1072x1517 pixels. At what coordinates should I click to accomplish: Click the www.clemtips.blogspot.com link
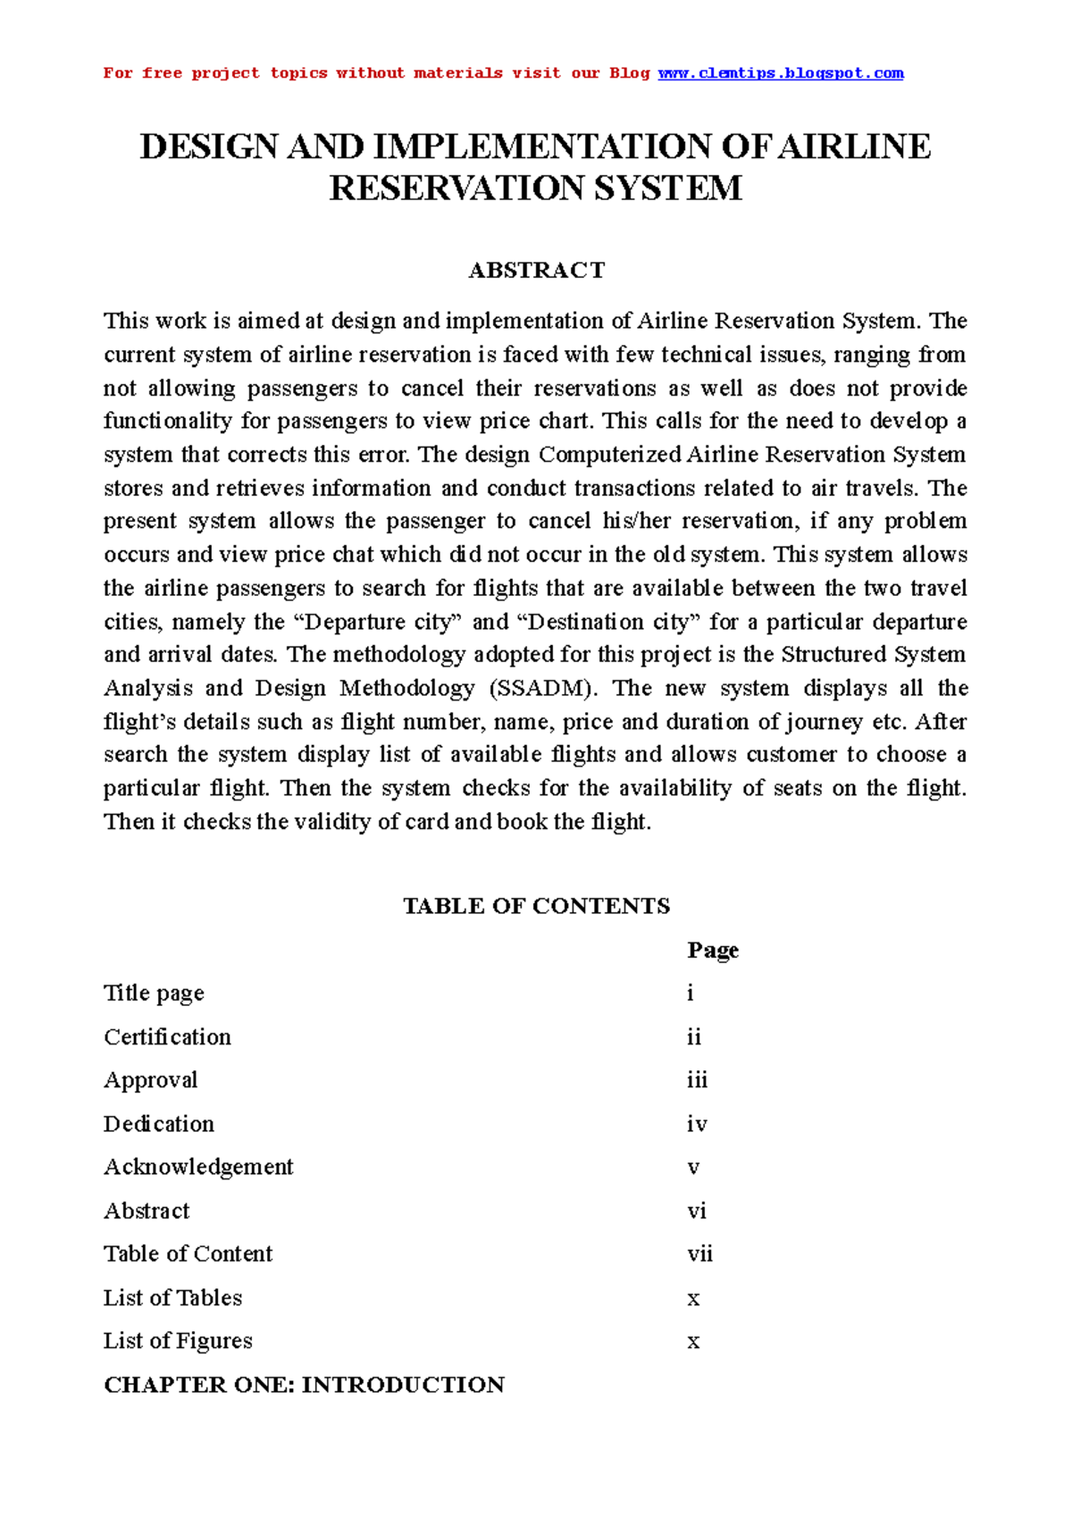pyautogui.click(x=781, y=73)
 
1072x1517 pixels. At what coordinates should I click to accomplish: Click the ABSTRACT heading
pyautogui.click(x=536, y=271)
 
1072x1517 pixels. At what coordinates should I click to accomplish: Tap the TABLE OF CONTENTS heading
pyautogui.click(x=536, y=906)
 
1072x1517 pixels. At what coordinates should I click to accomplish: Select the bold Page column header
pyautogui.click(x=712, y=951)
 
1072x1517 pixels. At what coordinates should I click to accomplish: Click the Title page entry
pyautogui.click(x=154, y=993)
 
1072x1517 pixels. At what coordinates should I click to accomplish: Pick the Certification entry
pyautogui.click(x=167, y=1037)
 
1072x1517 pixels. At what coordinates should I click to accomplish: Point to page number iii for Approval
pyautogui.click(x=697, y=1080)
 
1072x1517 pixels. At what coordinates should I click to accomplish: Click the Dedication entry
pyautogui.click(x=159, y=1124)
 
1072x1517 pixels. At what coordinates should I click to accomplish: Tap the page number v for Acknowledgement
pyautogui.click(x=693, y=1168)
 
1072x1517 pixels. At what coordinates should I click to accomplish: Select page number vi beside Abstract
pyautogui.click(x=696, y=1211)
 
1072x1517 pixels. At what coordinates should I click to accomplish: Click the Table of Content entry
pyautogui.click(x=188, y=1254)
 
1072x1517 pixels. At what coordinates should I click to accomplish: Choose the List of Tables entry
pyautogui.click(x=172, y=1298)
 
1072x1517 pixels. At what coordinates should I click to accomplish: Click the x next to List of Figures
pyautogui.click(x=693, y=1342)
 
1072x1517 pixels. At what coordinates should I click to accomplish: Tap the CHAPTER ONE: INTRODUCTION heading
pyautogui.click(x=304, y=1385)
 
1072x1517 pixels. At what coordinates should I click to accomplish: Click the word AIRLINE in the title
pyautogui.click(x=854, y=147)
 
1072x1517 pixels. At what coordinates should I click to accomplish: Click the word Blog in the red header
pyautogui.click(x=629, y=73)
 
